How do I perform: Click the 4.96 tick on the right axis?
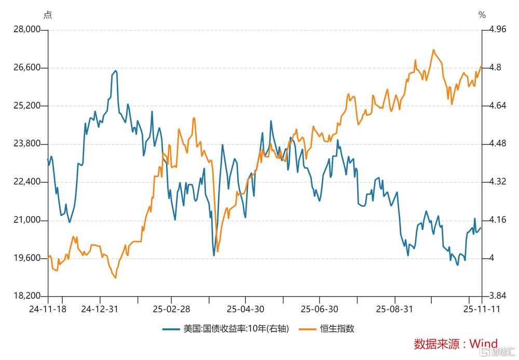tap(494, 30)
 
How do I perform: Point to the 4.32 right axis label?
tap(494, 182)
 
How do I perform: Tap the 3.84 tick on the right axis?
tap(494, 296)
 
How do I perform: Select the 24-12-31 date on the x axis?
tap(100, 309)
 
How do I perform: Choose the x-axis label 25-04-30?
tap(245, 309)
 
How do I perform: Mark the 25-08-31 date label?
tap(395, 309)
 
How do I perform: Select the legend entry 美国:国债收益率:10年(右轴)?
tap(227, 328)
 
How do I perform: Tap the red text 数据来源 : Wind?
tap(455, 343)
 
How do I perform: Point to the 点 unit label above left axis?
tap(48, 15)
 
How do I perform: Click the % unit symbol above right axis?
tap(482, 15)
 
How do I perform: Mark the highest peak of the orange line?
tap(433, 50)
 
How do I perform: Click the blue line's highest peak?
tap(115, 71)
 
